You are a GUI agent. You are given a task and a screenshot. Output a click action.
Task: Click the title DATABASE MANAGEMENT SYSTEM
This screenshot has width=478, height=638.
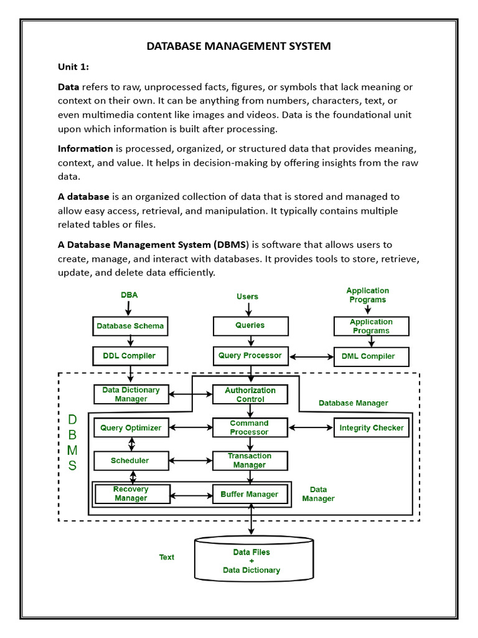click(x=238, y=46)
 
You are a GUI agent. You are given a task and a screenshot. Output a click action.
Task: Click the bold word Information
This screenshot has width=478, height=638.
click(x=85, y=148)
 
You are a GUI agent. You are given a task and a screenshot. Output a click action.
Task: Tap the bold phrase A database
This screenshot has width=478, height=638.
click(x=83, y=196)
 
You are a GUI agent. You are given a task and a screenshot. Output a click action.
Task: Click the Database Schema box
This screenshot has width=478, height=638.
click(x=130, y=326)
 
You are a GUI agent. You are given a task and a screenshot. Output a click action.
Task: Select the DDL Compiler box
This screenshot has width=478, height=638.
click(x=130, y=356)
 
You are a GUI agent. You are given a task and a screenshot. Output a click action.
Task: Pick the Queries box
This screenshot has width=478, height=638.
click(x=250, y=325)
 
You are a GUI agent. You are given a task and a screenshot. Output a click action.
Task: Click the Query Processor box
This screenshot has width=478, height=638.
click(x=250, y=356)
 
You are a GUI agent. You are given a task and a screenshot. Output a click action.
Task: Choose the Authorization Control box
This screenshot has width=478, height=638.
click(x=250, y=394)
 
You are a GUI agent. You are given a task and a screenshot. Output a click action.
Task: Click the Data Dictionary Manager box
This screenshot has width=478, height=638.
click(x=131, y=394)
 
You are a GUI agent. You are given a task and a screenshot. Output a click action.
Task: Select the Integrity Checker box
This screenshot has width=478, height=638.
click(x=372, y=427)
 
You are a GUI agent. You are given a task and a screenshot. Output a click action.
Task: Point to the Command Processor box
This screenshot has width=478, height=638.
click(x=250, y=427)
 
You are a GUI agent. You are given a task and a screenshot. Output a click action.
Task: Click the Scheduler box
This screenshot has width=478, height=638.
click(x=130, y=460)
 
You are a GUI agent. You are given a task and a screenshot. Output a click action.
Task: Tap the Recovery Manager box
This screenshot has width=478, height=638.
click(x=131, y=494)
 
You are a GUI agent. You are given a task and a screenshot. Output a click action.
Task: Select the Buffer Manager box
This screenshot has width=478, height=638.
click(x=250, y=494)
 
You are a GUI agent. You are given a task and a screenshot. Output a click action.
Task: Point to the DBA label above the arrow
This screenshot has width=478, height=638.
click(x=129, y=295)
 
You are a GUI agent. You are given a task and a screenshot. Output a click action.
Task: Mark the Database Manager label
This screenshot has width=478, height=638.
click(x=353, y=403)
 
